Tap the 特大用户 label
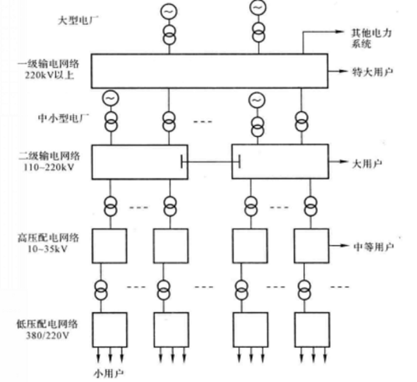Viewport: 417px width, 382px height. pyautogui.click(x=373, y=71)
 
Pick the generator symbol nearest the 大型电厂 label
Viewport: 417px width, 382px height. pyautogui.click(x=168, y=11)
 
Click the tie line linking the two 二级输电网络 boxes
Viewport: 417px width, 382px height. pyautogui.click(x=210, y=162)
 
